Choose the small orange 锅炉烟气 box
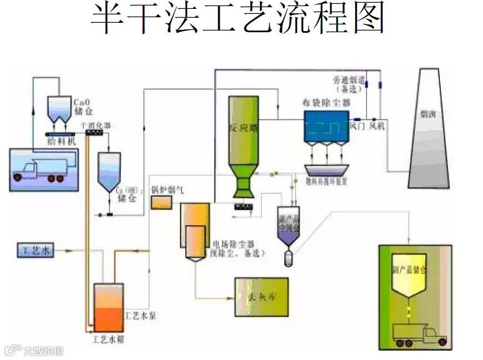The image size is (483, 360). (x=162, y=202)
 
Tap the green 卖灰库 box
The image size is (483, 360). (x=261, y=297)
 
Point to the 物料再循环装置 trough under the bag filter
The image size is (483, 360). (x=327, y=169)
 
